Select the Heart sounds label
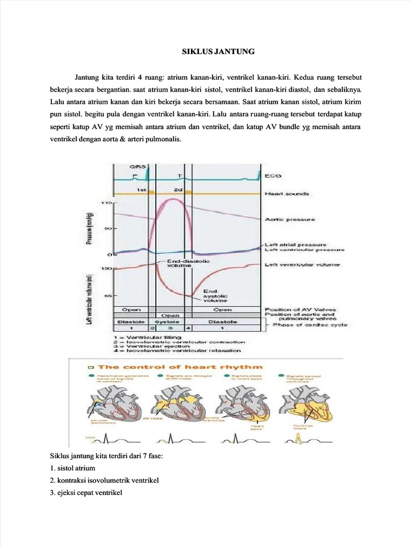tap(286, 193)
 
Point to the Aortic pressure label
tap(290, 219)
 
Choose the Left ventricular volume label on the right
tap(302, 264)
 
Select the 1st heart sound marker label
tap(141, 190)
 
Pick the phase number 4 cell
tap(187, 328)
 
